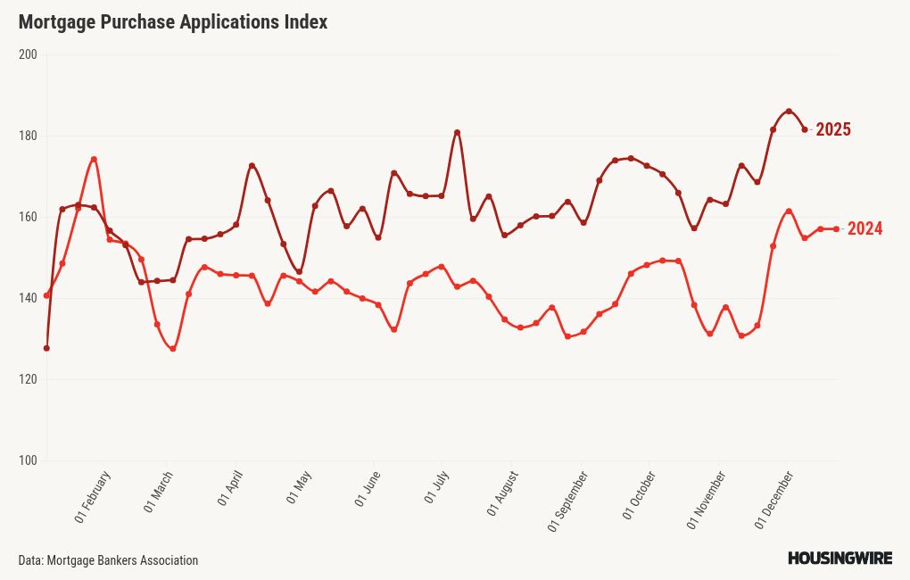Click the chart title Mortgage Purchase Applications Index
tap(172, 22)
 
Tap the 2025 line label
tap(833, 130)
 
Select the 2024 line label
tap(864, 229)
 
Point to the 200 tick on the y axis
tap(27, 54)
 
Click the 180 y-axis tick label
tap(27, 136)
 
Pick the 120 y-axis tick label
tap(27, 379)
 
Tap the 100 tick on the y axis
tap(27, 460)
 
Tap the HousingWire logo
tap(840, 559)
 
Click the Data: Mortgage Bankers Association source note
tap(108, 560)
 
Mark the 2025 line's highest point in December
tap(789, 112)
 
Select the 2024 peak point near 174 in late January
tap(94, 160)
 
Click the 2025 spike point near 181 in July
tap(457, 133)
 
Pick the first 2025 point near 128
tap(46, 348)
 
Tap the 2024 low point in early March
tap(172, 349)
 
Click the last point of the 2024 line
tap(836, 229)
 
